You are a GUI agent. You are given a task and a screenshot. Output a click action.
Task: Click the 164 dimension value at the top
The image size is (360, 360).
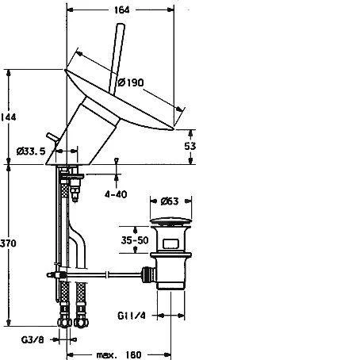coord(122,10)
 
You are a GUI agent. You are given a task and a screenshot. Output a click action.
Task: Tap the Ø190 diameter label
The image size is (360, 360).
coord(131,82)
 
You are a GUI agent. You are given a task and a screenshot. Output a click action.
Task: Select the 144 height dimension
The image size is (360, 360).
coord(8,117)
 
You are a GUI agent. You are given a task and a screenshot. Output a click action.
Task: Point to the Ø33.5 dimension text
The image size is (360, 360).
coord(31,151)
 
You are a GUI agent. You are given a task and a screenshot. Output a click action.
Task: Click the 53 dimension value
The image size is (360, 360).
coord(190,146)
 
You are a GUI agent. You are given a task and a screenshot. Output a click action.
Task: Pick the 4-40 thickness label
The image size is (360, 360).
coord(116,194)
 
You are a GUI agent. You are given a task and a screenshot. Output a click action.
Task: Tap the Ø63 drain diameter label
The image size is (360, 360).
coord(170,201)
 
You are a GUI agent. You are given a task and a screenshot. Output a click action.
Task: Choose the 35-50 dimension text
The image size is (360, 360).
coord(135,240)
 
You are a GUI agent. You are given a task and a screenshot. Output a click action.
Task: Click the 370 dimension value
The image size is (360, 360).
coord(8,243)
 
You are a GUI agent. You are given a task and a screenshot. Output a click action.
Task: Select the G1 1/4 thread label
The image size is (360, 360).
coord(132,316)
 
